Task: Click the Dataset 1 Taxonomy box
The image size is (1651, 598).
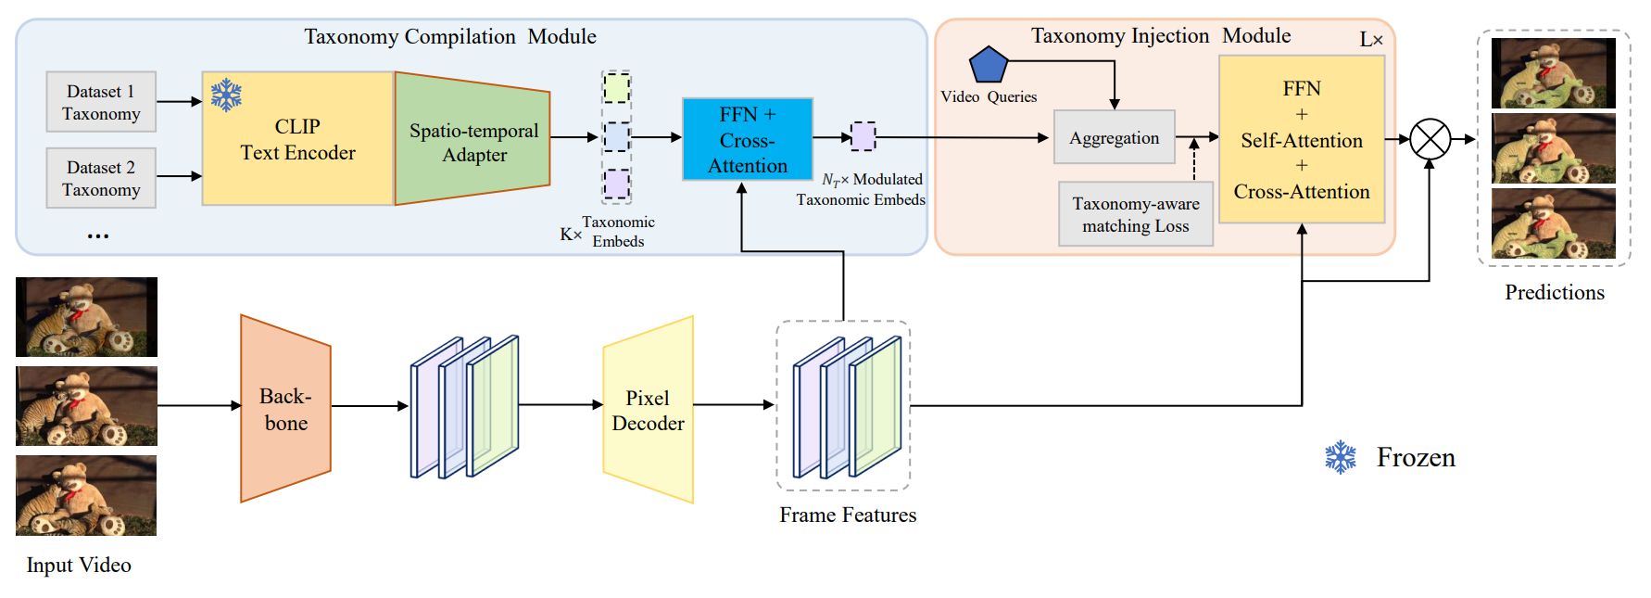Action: pyautogui.click(x=101, y=102)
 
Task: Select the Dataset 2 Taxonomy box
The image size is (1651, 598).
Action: pyautogui.click(x=101, y=178)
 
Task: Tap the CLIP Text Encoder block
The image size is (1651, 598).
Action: pyautogui.click(x=298, y=139)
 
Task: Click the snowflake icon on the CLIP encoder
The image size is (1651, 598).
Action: pyautogui.click(x=226, y=95)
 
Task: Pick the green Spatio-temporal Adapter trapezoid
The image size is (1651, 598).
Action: pyautogui.click(x=473, y=138)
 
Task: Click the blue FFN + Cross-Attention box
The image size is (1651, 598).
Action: pyautogui.click(x=748, y=139)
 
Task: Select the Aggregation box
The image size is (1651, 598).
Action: pyautogui.click(x=1115, y=137)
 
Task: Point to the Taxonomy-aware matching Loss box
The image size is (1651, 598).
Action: pyautogui.click(x=1136, y=214)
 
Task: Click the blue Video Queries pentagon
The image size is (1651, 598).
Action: pyautogui.click(x=989, y=64)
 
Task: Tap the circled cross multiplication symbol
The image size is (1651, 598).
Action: pyautogui.click(x=1430, y=139)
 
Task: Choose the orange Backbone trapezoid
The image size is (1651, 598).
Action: pyautogui.click(x=285, y=409)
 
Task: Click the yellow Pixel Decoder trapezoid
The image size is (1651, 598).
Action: pyautogui.click(x=649, y=410)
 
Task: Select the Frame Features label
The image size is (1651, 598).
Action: pyautogui.click(x=848, y=515)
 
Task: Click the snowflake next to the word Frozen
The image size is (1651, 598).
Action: pyautogui.click(x=1341, y=457)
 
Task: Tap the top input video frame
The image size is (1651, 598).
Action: pyautogui.click(x=86, y=317)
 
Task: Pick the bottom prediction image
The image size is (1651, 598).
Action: pyautogui.click(x=1554, y=223)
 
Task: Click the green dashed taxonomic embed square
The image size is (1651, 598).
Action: pyautogui.click(x=617, y=88)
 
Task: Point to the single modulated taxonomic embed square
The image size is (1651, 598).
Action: pyautogui.click(x=863, y=136)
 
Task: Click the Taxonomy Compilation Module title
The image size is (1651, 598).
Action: pyautogui.click(x=450, y=36)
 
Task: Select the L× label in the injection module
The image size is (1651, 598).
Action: pyautogui.click(x=1371, y=40)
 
